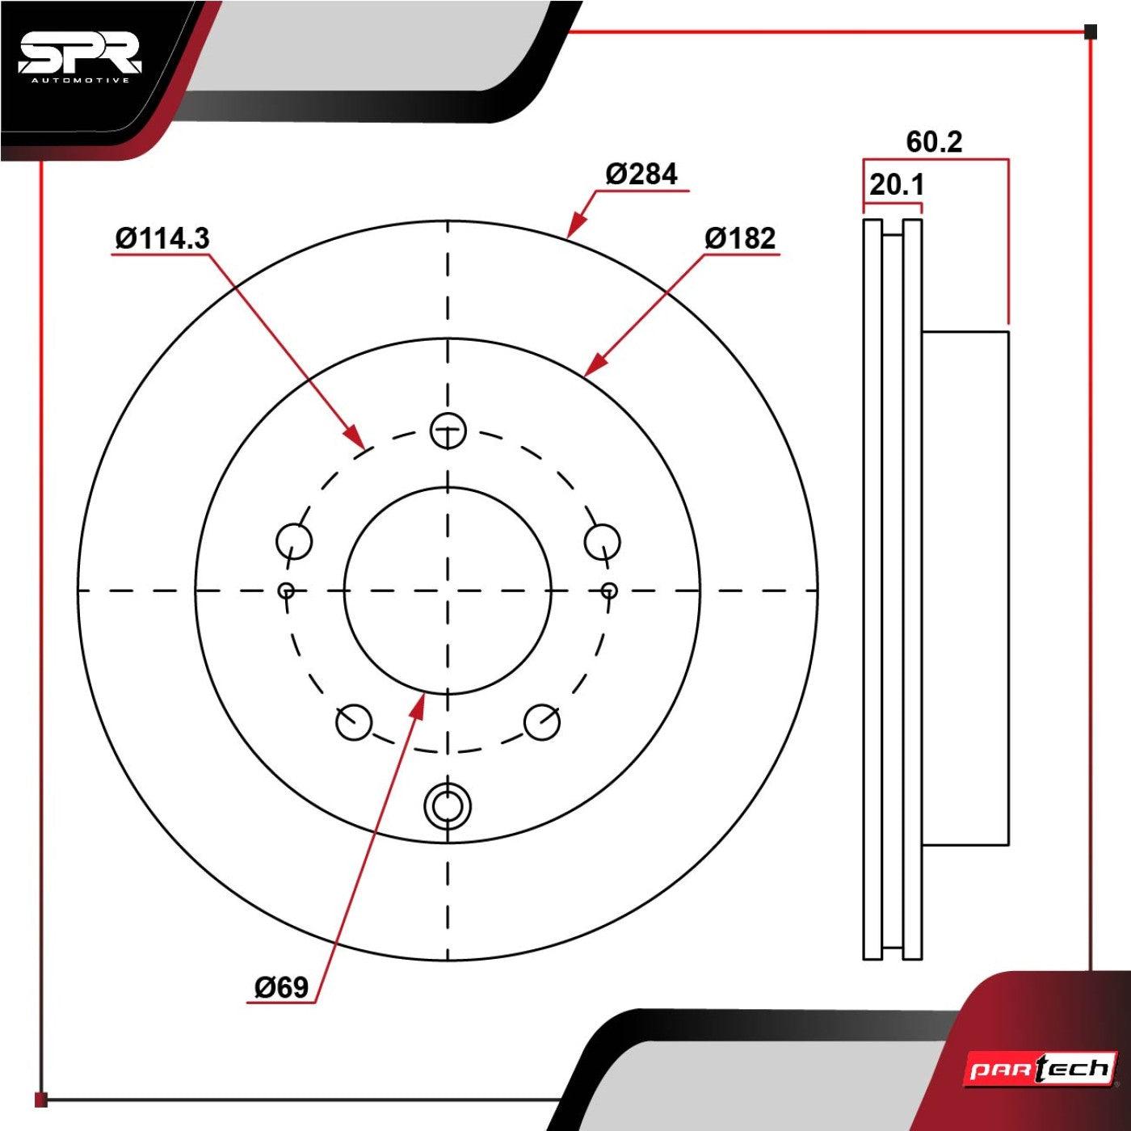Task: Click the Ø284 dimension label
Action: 641,174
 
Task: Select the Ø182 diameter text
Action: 739,238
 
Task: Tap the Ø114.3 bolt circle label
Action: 162,238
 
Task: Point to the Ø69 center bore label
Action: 281,987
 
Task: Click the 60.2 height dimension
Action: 935,142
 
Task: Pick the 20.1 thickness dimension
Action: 896,185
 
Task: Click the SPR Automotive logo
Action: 80,59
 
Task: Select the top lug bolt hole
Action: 448,431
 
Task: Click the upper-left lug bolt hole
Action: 294,540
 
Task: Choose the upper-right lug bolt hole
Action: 602,540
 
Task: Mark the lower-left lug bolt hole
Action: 353,722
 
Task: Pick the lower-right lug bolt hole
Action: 542,722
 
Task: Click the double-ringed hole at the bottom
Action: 448,805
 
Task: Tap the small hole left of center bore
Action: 287,590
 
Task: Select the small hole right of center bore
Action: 609,590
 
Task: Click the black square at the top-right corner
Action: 1090,32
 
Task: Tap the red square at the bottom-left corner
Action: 40,1099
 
